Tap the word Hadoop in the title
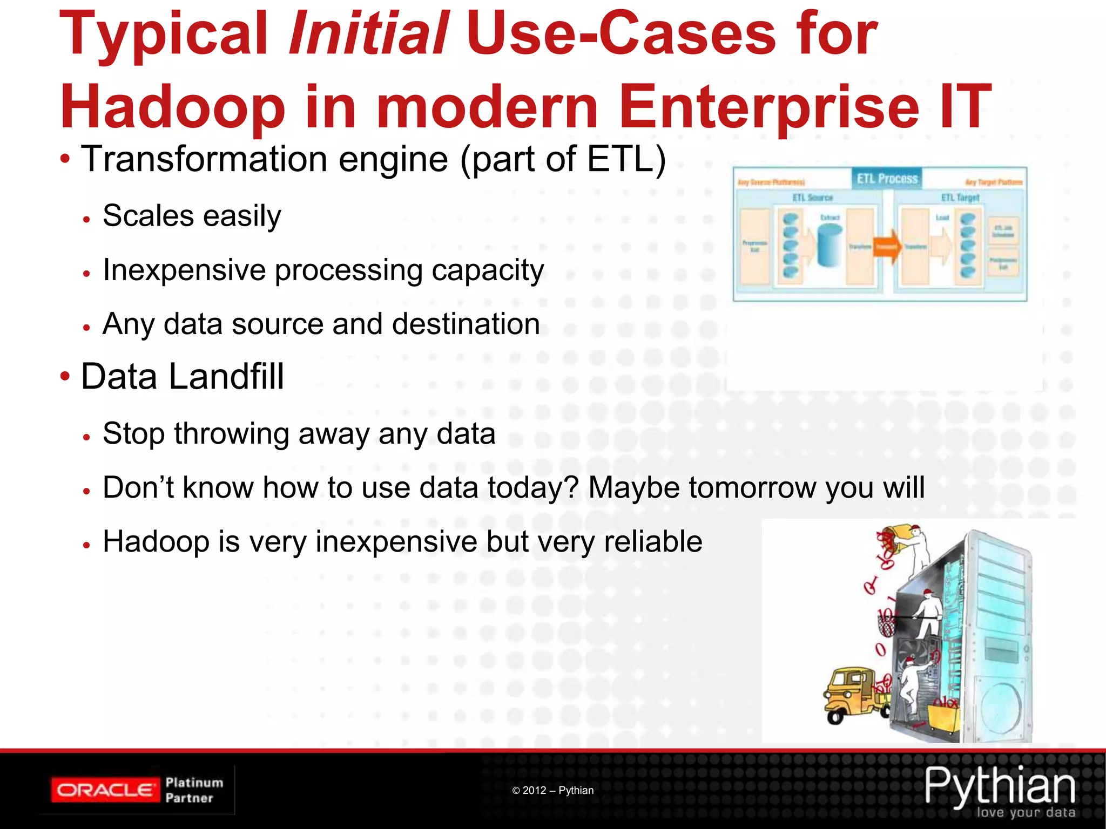click(x=172, y=107)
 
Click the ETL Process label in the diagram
click(x=887, y=179)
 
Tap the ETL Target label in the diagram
click(x=960, y=198)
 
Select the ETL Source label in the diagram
click(x=812, y=198)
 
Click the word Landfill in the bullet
click(x=226, y=376)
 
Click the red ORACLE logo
click(x=105, y=791)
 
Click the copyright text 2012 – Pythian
click(x=553, y=791)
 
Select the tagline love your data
click(x=1026, y=812)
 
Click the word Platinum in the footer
click(x=194, y=783)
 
